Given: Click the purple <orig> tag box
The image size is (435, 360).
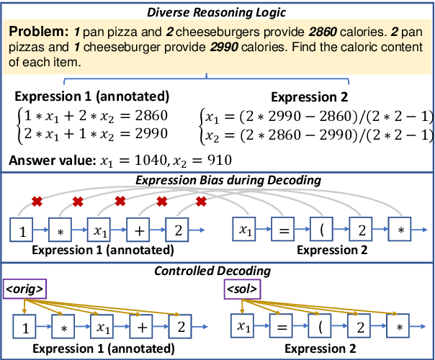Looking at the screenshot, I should [x=24, y=290].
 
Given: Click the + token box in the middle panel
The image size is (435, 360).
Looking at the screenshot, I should [x=139, y=230].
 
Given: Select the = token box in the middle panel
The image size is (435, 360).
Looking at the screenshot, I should [x=284, y=230].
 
